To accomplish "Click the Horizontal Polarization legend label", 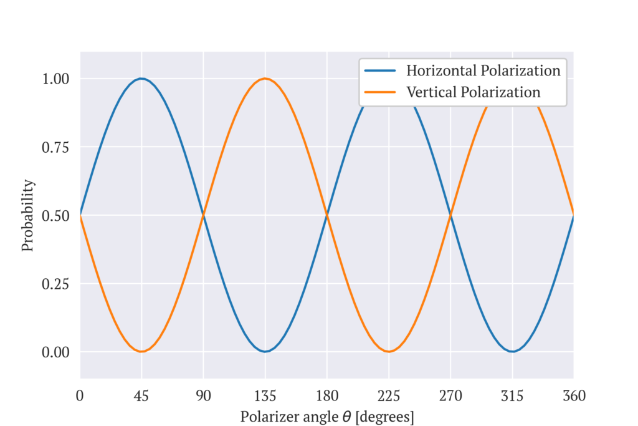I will point(483,70).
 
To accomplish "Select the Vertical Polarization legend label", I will point(473,92).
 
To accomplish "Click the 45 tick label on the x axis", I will point(141,396).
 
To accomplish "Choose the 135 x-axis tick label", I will point(265,396).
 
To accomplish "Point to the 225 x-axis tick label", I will point(388,396).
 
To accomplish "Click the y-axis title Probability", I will point(27,215).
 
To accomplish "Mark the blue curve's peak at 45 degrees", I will point(141,79).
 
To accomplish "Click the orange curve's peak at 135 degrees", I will point(265,79).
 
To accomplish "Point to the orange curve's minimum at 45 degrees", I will point(141,352).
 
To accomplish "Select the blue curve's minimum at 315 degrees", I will point(512,352).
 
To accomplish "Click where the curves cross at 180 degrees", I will point(326,215).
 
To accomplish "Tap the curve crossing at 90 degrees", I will point(203,215).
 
